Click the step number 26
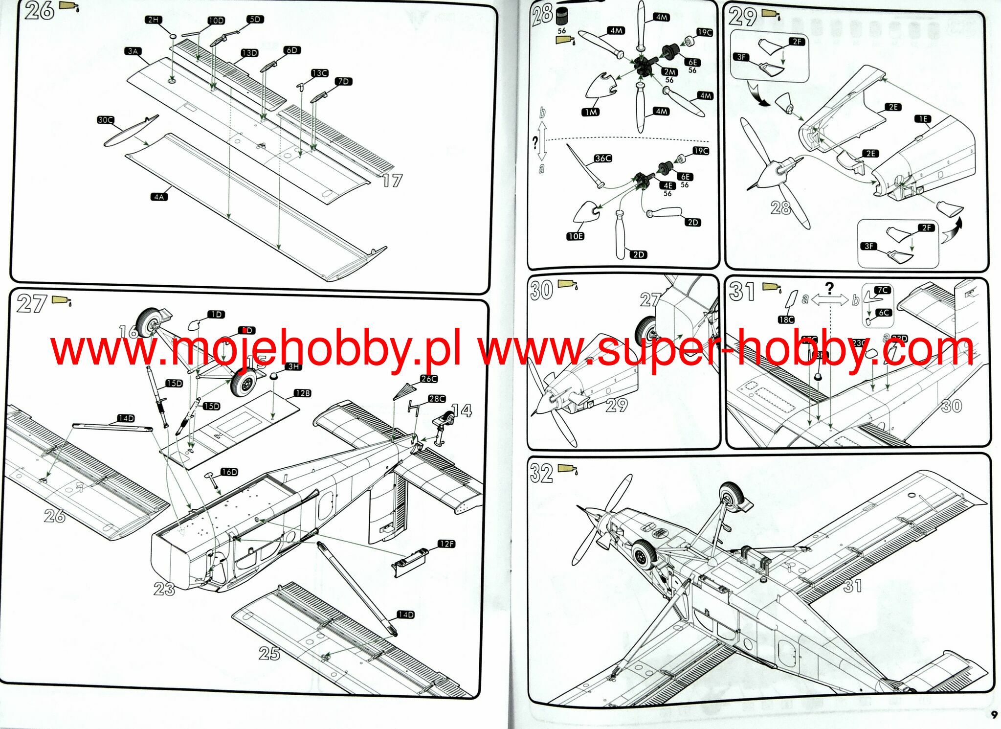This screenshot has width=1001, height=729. (x=39, y=11)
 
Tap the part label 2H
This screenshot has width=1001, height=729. (x=153, y=20)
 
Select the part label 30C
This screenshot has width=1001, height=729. (x=105, y=120)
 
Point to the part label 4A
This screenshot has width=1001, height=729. (x=158, y=197)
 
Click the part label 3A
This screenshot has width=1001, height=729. (x=133, y=51)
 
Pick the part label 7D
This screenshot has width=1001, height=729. (x=344, y=81)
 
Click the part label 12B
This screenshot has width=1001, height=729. (x=302, y=393)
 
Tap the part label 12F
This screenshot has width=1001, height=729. (x=446, y=544)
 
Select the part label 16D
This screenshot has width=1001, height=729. (x=229, y=472)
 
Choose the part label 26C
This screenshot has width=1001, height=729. (x=428, y=379)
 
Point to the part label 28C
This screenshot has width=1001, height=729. (x=437, y=399)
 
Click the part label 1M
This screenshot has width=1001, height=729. (x=591, y=112)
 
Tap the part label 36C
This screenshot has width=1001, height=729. (x=603, y=159)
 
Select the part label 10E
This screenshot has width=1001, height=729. (x=575, y=236)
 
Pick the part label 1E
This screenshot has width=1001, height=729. (x=922, y=119)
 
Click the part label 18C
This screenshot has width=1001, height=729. (x=786, y=319)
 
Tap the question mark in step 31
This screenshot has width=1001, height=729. (x=829, y=288)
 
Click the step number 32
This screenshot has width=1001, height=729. (x=541, y=473)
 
